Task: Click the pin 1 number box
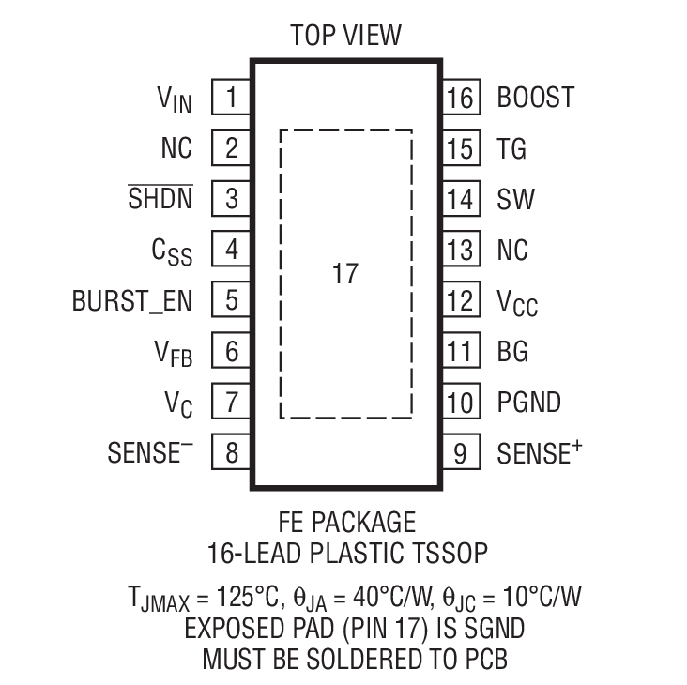point(231,98)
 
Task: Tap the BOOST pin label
point(535,98)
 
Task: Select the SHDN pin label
point(160,199)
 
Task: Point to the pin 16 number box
point(460,98)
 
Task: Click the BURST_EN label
point(132,301)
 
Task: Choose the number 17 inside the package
point(344,275)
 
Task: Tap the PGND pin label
point(528,403)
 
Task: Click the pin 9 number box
point(460,453)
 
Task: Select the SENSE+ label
point(533,453)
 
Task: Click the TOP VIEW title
point(345,36)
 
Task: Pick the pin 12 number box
point(460,301)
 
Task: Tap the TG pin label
point(511,148)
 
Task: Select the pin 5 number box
point(231,301)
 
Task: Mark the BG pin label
point(512,352)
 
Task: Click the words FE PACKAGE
point(346,521)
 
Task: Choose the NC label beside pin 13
point(512,251)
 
